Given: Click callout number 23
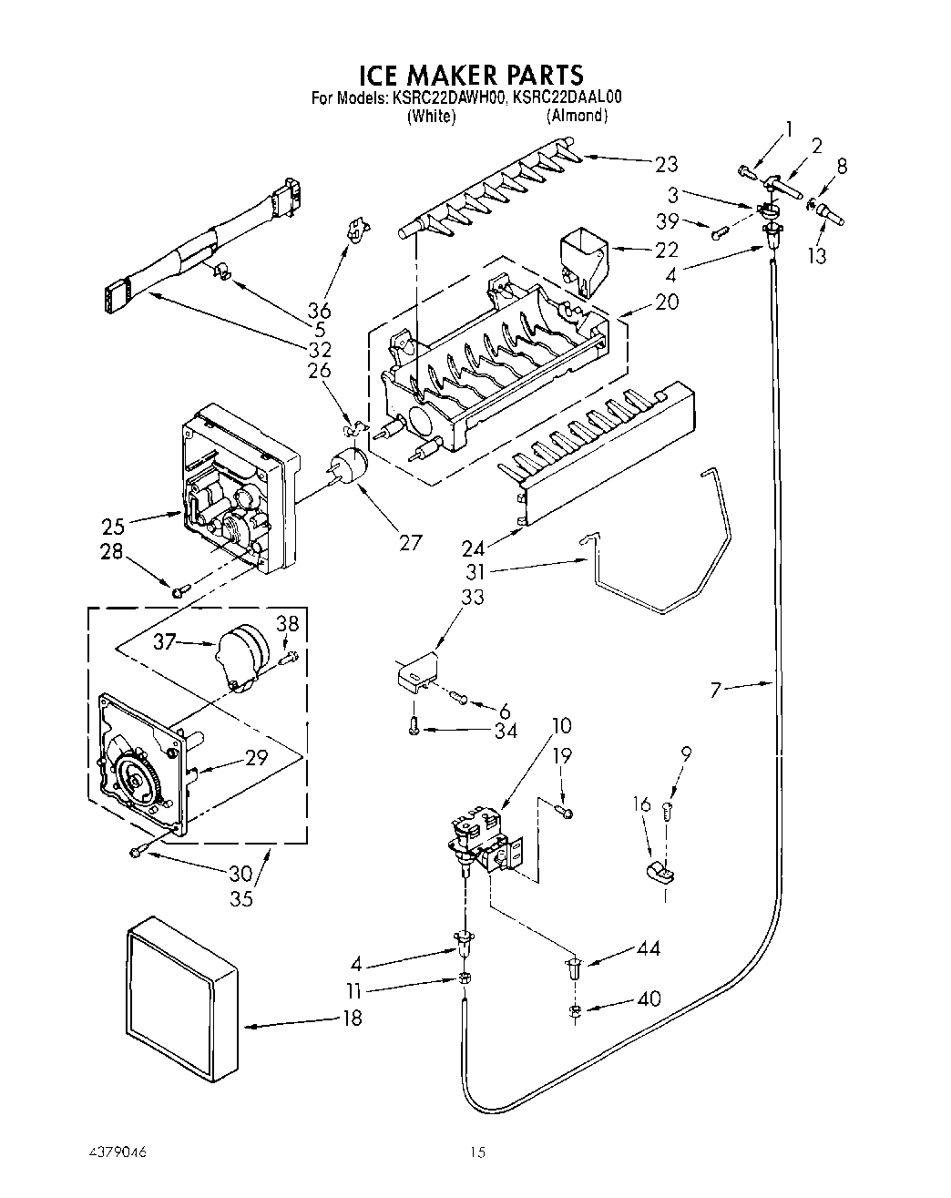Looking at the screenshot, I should click(x=667, y=164).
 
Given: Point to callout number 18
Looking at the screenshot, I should click(x=351, y=1018).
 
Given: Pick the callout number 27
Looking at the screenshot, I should click(x=411, y=542).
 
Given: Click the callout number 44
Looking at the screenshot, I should click(x=649, y=948).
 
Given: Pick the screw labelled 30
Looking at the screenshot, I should click(x=138, y=852).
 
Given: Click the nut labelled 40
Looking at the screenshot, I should click(x=574, y=1010).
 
